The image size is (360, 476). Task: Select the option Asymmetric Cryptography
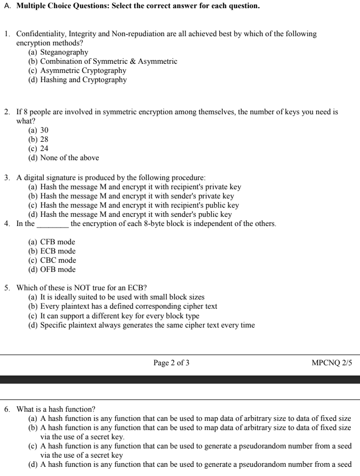tap(83, 70)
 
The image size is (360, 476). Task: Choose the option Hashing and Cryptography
tap(84, 80)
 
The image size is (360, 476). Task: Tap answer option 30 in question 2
tap(44, 130)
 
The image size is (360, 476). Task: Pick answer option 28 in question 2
tap(44, 139)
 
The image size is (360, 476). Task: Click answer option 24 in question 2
tap(44, 148)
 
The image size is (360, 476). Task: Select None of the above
tap(69, 158)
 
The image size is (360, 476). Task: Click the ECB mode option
tap(58, 251)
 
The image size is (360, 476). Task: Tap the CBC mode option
tap(58, 260)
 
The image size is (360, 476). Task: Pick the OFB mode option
tap(58, 269)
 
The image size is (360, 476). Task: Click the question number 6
tap(7, 409)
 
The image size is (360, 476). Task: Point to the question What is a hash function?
tap(56, 409)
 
